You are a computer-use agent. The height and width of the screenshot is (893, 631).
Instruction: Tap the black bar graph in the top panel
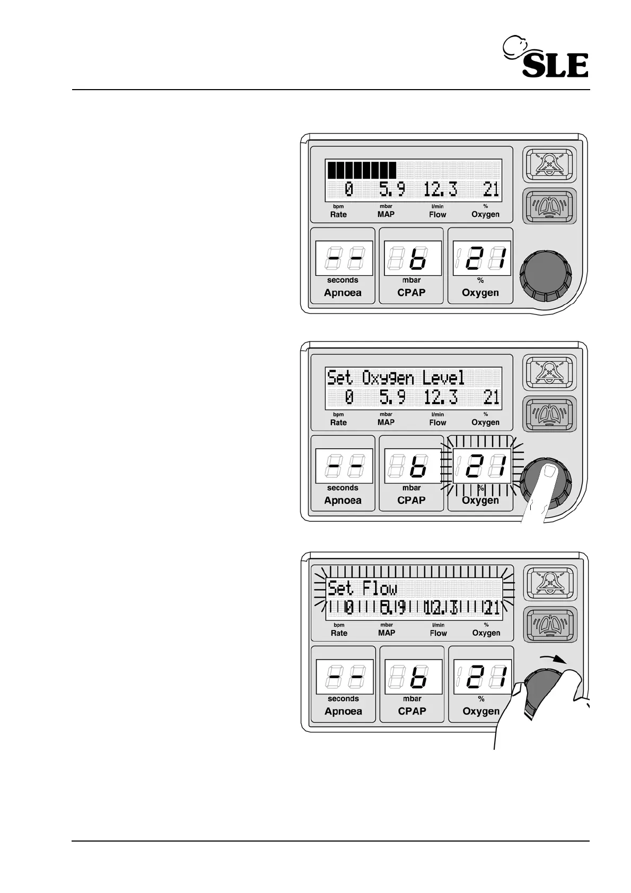361,170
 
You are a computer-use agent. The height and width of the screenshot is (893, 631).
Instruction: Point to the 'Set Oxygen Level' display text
396,378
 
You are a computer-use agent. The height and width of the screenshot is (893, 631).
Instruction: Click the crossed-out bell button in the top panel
549,164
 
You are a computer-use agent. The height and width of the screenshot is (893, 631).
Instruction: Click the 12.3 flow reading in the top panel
440,189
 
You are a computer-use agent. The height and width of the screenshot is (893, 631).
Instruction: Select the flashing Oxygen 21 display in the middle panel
481,467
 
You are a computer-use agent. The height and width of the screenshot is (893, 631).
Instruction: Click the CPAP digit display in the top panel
413,259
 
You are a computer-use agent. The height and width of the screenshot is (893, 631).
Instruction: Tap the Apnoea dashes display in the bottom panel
344,677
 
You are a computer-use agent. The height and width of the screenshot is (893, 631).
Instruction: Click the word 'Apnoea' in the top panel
343,293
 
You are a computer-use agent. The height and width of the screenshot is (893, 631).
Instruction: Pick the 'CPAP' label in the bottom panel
412,711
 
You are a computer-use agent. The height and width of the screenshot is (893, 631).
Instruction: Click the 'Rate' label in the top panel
338,215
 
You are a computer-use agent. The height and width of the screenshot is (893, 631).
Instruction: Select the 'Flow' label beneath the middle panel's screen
437,423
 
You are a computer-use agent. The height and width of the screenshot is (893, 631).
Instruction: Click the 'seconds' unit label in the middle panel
343,488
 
